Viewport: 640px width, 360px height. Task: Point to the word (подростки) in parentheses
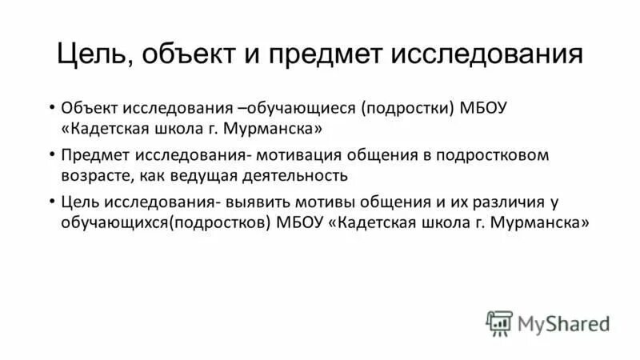tap(408, 108)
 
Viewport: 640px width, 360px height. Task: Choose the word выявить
tap(258, 201)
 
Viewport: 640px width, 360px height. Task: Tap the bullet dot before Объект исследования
tap(51, 108)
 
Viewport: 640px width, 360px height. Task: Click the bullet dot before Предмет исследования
tap(51, 154)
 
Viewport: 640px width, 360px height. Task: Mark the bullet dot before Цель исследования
tap(51, 201)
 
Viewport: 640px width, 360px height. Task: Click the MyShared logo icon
tap(499, 322)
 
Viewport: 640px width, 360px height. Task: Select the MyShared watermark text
tap(564, 323)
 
